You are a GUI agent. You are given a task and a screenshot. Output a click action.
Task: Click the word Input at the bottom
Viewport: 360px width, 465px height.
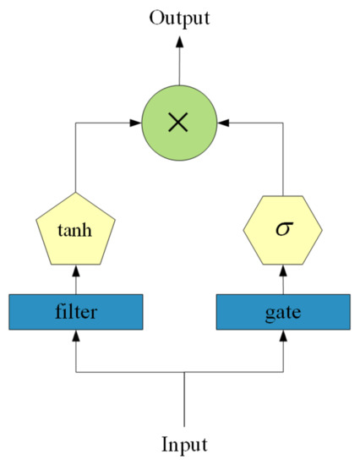(184, 445)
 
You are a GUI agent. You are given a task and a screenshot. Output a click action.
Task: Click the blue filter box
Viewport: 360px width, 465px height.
(76, 312)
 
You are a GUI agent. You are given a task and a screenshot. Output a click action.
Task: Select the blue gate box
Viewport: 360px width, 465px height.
(283, 312)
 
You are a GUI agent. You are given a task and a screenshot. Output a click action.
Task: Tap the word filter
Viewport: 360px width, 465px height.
(76, 312)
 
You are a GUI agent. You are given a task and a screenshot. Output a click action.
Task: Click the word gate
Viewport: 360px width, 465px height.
(283, 312)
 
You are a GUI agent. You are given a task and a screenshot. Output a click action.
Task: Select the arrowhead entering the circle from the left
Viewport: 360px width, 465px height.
(135, 123)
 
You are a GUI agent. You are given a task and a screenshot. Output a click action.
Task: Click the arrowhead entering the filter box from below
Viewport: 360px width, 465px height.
(76, 336)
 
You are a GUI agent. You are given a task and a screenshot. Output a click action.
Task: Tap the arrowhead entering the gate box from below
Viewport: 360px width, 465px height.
(283, 336)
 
